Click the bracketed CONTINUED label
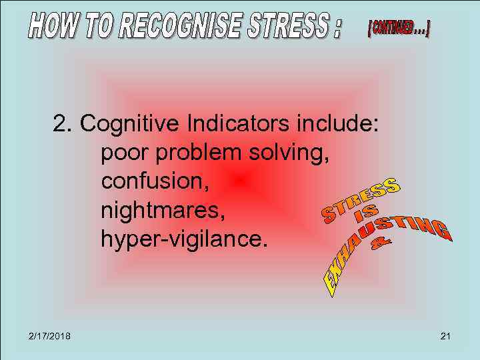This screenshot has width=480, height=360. (x=399, y=29)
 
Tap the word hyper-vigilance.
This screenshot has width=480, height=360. (x=184, y=239)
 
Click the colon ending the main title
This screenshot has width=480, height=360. (x=337, y=28)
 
